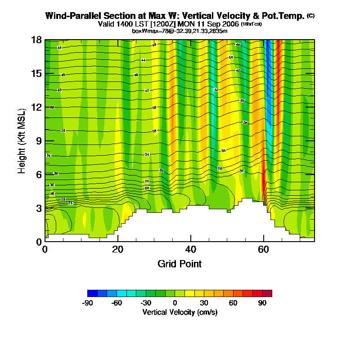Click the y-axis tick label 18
pos(36,40)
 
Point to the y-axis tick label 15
pos(36,73)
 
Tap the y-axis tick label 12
pos(36,107)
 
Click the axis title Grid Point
pos(180,264)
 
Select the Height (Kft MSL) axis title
pos(22,140)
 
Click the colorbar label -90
pos(88,303)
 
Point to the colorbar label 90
pos(262,303)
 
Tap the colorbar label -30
pos(146,303)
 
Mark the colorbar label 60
pos(233,303)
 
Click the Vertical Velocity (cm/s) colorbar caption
pos(180,312)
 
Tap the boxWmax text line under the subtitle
pos(180,31)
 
